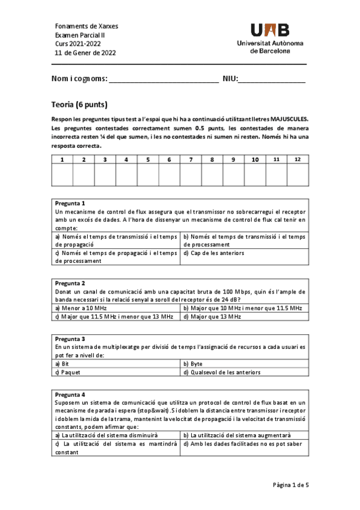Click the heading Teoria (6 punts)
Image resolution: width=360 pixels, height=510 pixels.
[79, 105]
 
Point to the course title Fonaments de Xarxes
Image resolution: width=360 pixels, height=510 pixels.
[87, 26]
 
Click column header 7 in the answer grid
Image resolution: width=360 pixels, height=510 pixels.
[191, 159]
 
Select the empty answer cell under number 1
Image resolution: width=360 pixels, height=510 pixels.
[62, 175]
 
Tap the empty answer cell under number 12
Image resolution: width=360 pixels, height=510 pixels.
[297, 175]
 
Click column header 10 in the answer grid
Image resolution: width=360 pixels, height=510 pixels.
[255, 159]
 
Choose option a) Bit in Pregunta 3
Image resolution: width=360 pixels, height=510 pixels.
[62, 364]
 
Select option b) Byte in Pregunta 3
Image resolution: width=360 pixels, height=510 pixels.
[193, 364]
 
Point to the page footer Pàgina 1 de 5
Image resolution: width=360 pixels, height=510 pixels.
[290, 485]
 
